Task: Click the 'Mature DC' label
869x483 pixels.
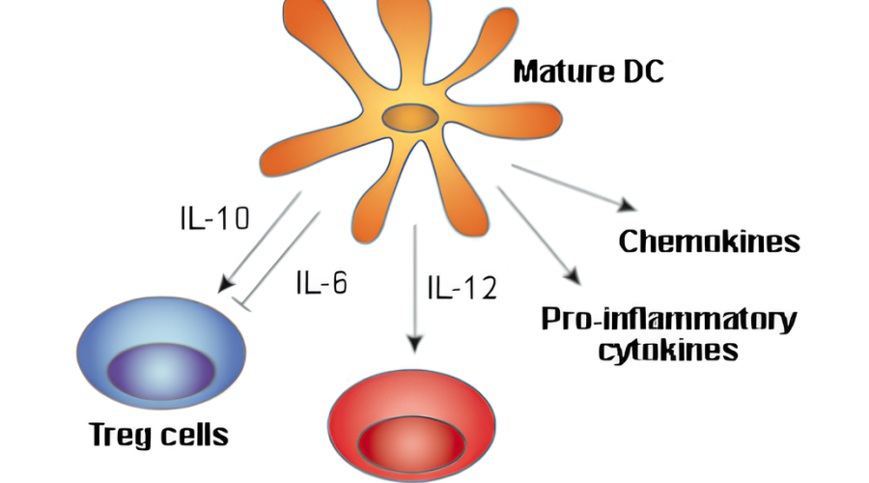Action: coord(589,73)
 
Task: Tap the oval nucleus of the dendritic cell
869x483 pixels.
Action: coord(410,120)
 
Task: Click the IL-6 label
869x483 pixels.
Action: coord(320,284)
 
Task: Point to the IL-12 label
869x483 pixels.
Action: coord(462,287)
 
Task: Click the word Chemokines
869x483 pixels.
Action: coord(709,241)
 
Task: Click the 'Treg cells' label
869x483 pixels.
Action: coord(158,434)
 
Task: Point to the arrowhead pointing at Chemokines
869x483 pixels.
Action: coord(629,207)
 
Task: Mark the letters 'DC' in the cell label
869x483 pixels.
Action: coord(644,73)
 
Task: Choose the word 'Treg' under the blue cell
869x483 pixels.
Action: coord(119,435)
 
